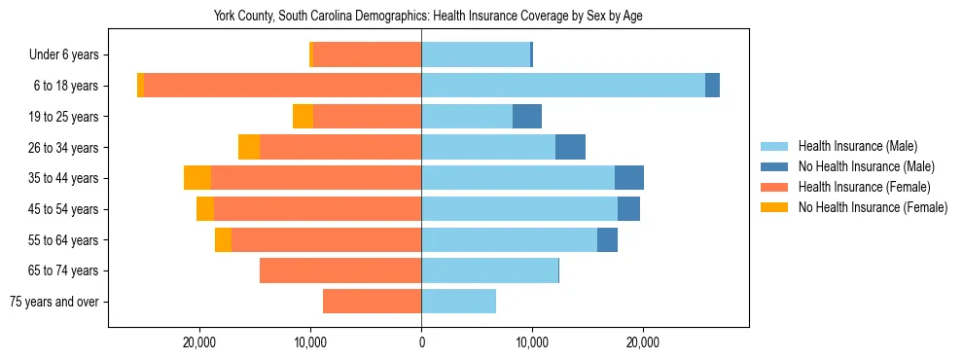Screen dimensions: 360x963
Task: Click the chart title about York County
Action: click(x=428, y=17)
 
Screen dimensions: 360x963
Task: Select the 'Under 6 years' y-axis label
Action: click(x=69, y=55)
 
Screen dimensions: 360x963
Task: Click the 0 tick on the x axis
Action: click(x=421, y=342)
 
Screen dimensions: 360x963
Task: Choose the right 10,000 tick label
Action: click(x=532, y=342)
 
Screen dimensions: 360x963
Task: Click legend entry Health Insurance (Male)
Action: click(x=857, y=146)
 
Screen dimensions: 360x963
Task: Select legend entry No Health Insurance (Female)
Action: click(x=873, y=207)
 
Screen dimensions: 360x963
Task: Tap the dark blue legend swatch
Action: click(x=774, y=166)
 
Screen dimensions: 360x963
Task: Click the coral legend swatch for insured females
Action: click(x=774, y=187)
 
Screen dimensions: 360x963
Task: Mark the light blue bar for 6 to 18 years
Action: click(x=563, y=86)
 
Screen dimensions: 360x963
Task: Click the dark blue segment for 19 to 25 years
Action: click(x=527, y=117)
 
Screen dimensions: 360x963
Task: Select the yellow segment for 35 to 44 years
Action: click(x=197, y=178)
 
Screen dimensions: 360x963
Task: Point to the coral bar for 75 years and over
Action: click(x=372, y=302)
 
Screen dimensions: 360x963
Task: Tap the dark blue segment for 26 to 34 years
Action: click(x=570, y=147)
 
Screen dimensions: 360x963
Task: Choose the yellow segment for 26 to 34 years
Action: click(x=249, y=147)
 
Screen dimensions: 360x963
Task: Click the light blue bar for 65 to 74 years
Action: click(x=489, y=270)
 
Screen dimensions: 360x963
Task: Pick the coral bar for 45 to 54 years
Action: click(x=317, y=209)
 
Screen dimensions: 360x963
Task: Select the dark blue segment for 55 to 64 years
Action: click(x=607, y=239)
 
